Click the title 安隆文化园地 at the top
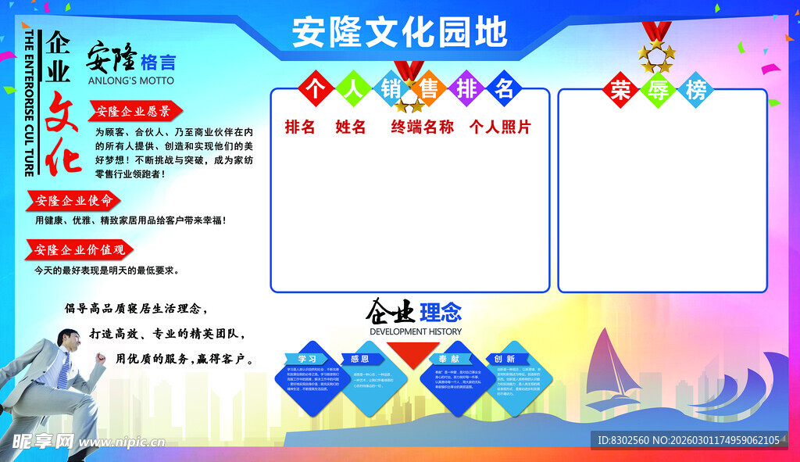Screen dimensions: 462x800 (x=399, y=32)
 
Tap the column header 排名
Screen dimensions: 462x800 (x=299, y=127)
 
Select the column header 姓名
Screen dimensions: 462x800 (x=351, y=127)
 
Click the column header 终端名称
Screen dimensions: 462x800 (x=422, y=127)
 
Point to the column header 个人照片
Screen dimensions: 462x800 (x=500, y=127)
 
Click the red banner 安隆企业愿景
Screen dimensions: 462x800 (x=134, y=111)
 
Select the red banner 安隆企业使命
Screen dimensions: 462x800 (x=74, y=200)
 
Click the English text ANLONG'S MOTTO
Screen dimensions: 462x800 (x=131, y=81)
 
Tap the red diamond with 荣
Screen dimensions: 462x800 (x=620, y=91)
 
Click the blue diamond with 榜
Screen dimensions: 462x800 (x=696, y=91)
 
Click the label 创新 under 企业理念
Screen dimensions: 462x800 (x=504, y=358)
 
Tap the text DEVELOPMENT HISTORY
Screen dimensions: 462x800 (x=415, y=331)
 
